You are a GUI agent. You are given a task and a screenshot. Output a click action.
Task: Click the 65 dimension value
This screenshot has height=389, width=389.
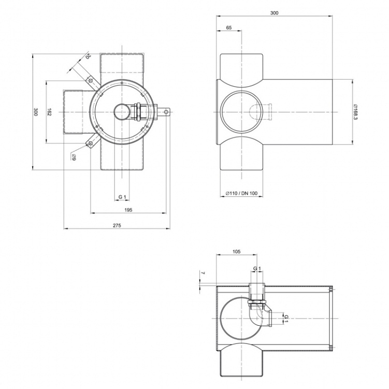point(229,27)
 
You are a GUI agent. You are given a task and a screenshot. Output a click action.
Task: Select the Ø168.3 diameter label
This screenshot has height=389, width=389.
point(356,112)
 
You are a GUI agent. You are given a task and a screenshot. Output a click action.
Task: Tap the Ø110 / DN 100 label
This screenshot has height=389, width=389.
point(241,193)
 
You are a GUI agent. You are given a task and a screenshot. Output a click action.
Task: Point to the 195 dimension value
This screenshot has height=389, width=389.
point(128,210)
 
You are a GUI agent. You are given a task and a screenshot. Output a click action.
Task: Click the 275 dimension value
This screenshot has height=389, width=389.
point(117,225)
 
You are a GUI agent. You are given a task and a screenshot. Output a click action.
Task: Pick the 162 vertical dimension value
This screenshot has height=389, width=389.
point(49,112)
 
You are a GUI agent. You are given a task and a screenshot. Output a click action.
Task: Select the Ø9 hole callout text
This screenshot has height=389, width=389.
point(74,157)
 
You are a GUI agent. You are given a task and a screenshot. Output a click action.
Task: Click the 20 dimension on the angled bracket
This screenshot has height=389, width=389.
point(88,56)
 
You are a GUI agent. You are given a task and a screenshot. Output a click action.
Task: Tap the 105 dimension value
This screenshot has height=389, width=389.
point(237,252)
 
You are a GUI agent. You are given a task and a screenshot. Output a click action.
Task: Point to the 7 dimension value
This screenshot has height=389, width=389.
point(203,273)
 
